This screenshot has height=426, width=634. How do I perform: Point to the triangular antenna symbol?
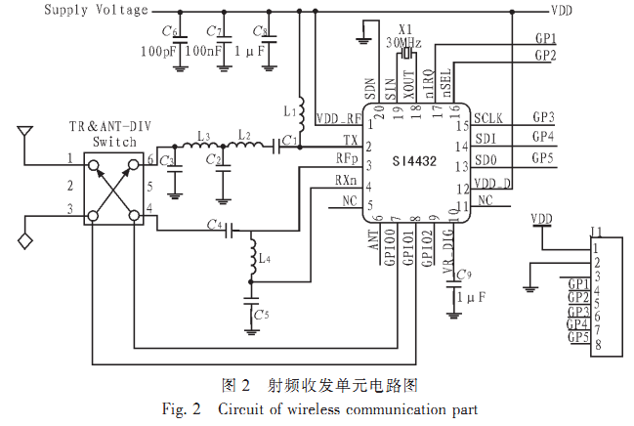tap(25, 130)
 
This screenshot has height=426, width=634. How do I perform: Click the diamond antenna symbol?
tap(25, 238)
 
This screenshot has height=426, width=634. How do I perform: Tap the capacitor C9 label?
tap(463, 273)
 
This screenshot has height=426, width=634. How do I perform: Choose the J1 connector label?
tap(596, 233)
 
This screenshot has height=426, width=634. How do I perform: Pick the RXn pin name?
tap(346, 179)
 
